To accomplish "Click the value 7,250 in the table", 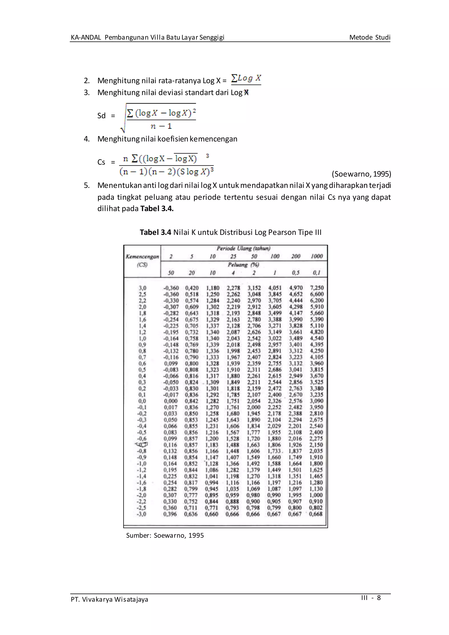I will point(317,288).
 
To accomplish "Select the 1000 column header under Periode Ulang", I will point(317,256).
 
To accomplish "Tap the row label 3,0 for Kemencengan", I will point(142,288).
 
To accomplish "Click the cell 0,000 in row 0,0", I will point(170,401).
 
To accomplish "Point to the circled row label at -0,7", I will point(142,445).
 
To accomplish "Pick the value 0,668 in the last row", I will point(315,514).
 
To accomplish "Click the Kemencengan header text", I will point(142,256).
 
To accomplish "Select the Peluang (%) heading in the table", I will point(243,265).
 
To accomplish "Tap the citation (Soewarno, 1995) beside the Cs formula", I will point(361,174).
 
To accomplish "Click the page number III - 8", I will point(371,598).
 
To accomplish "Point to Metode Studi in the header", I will point(370,37).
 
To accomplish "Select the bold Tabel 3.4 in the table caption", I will point(155,232).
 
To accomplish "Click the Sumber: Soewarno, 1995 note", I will point(165,535).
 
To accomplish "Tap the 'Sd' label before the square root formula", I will point(102,116).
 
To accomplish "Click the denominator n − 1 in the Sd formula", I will point(161,126).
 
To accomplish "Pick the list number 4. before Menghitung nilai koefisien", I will point(87,139).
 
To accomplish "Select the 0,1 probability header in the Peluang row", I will point(317,273).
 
